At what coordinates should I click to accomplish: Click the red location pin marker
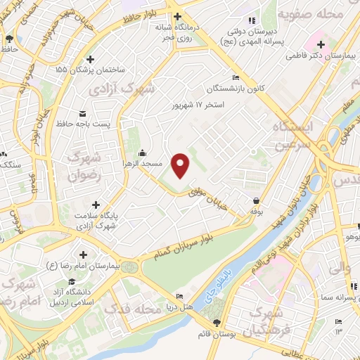[181, 165]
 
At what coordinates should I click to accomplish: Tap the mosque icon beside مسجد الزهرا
[143, 153]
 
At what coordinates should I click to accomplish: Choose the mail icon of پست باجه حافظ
[83, 113]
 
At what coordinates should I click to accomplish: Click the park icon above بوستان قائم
[217, 322]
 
